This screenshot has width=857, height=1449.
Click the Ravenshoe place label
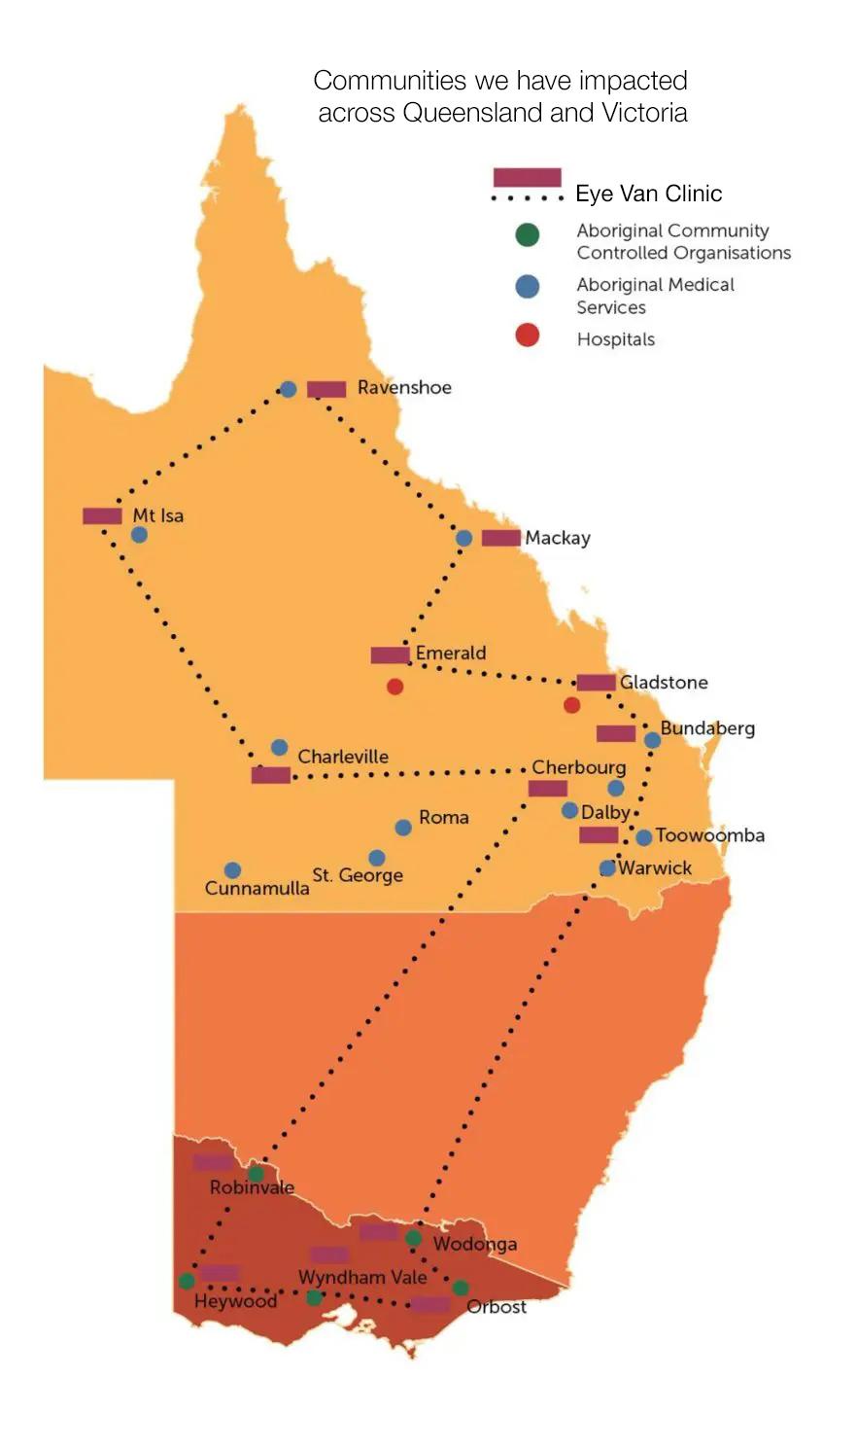coord(404,387)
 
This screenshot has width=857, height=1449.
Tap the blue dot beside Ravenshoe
coord(288,389)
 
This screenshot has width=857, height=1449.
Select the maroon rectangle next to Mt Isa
coord(102,516)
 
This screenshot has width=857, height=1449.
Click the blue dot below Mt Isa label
coord(139,535)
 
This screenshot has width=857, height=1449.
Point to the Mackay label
coord(558,538)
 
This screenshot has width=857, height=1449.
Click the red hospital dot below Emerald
coord(394,687)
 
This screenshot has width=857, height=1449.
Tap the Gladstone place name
coord(664,683)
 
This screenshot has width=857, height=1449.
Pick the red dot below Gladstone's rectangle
coord(571,705)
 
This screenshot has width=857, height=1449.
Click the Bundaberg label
coord(707,728)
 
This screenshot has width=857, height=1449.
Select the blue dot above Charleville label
coord(279,748)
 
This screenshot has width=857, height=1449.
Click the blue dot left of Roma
coord(403,828)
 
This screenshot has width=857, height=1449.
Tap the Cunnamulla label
coord(257,888)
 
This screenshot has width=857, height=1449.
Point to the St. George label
coord(358,875)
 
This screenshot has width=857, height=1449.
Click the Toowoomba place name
coord(709,835)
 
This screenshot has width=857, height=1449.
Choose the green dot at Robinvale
coord(256,1174)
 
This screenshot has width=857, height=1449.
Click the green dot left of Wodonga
coord(413,1238)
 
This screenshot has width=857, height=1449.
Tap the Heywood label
coord(235,1301)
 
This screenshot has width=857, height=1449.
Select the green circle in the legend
coord(527,234)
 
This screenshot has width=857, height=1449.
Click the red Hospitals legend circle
coord(527,336)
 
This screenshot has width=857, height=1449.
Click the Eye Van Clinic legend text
coord(648,194)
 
